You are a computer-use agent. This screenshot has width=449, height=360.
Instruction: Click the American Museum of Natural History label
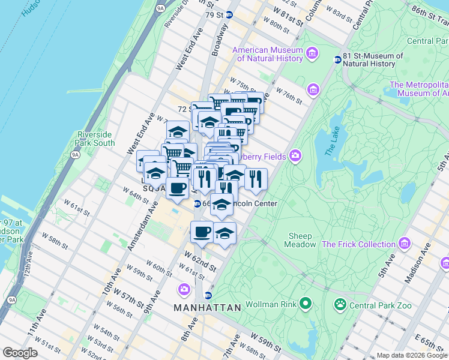point(267,54)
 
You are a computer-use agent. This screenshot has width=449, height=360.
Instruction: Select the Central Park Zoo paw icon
point(341,304)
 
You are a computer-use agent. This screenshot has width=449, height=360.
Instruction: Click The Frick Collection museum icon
point(405,244)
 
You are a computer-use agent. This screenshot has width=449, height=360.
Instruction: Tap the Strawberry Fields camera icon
point(295,156)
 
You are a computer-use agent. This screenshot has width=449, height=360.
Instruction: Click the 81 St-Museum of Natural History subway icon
point(338,59)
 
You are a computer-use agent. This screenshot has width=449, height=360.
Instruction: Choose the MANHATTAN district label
point(207,308)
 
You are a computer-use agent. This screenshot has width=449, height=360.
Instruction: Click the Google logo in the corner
point(20,352)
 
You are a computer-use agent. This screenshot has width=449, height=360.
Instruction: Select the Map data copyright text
point(412,355)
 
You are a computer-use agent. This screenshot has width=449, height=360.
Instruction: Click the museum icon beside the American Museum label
point(312,54)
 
